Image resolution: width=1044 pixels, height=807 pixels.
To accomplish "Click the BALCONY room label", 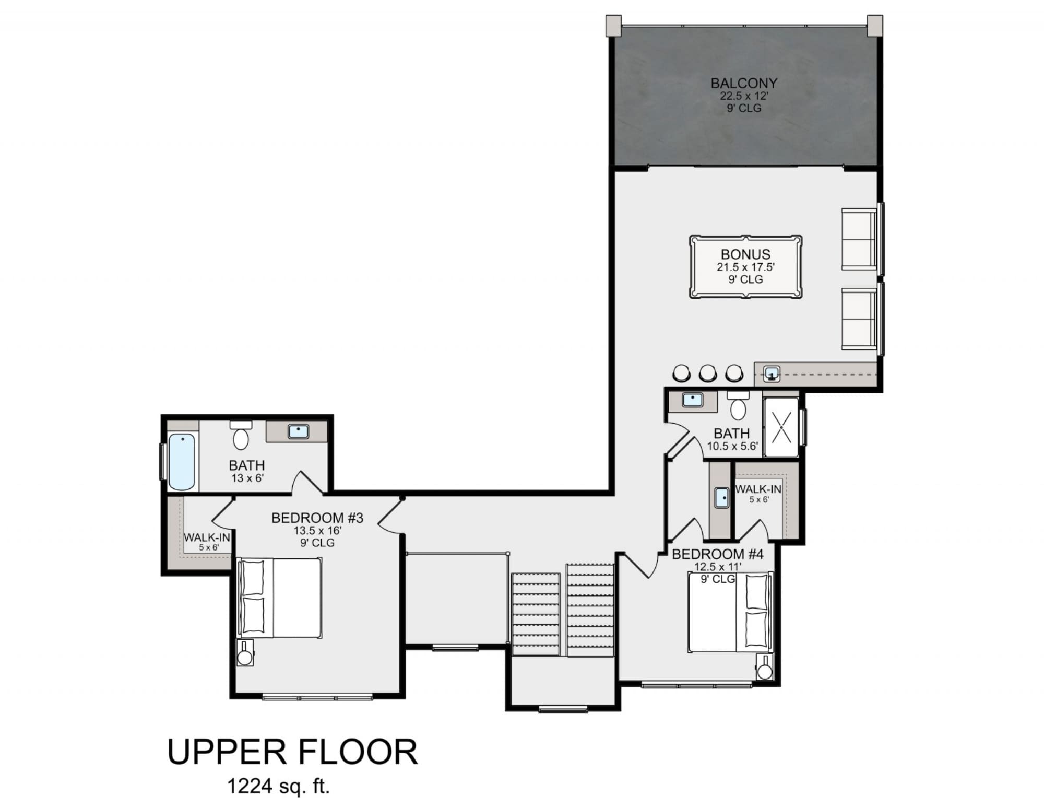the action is [x=744, y=83].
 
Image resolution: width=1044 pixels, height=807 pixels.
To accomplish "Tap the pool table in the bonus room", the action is [x=745, y=267].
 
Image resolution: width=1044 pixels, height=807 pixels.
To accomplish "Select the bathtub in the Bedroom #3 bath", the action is [x=181, y=461].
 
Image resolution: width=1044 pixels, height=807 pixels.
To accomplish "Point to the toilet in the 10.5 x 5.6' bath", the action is [x=738, y=405].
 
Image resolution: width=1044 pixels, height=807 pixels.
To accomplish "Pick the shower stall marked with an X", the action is [x=781, y=427].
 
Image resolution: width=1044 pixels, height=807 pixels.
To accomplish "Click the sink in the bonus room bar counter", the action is [x=772, y=374].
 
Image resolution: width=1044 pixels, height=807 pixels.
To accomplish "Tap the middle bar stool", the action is [x=708, y=372].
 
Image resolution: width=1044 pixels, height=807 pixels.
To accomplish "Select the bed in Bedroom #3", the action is [x=279, y=598].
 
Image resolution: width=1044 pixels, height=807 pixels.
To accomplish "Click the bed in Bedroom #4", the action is [x=730, y=612].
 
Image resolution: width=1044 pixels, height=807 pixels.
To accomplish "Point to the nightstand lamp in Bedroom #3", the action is [x=245, y=652].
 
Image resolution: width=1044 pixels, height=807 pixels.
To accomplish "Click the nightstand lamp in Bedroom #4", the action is [x=765, y=666].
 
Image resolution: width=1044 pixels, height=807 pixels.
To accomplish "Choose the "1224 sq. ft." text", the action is [x=279, y=785].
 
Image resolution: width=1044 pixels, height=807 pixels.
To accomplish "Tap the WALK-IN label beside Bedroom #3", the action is [x=207, y=537].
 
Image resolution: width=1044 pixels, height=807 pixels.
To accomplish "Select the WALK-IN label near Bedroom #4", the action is [x=758, y=489].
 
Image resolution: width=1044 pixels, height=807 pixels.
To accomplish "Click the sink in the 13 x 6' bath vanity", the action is [x=299, y=431].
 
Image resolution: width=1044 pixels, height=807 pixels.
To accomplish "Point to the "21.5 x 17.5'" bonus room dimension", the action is [x=745, y=267].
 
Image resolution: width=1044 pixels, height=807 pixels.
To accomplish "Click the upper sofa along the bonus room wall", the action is [x=860, y=239].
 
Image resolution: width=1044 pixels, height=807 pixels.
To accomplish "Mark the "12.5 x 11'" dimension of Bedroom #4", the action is [x=718, y=567].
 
